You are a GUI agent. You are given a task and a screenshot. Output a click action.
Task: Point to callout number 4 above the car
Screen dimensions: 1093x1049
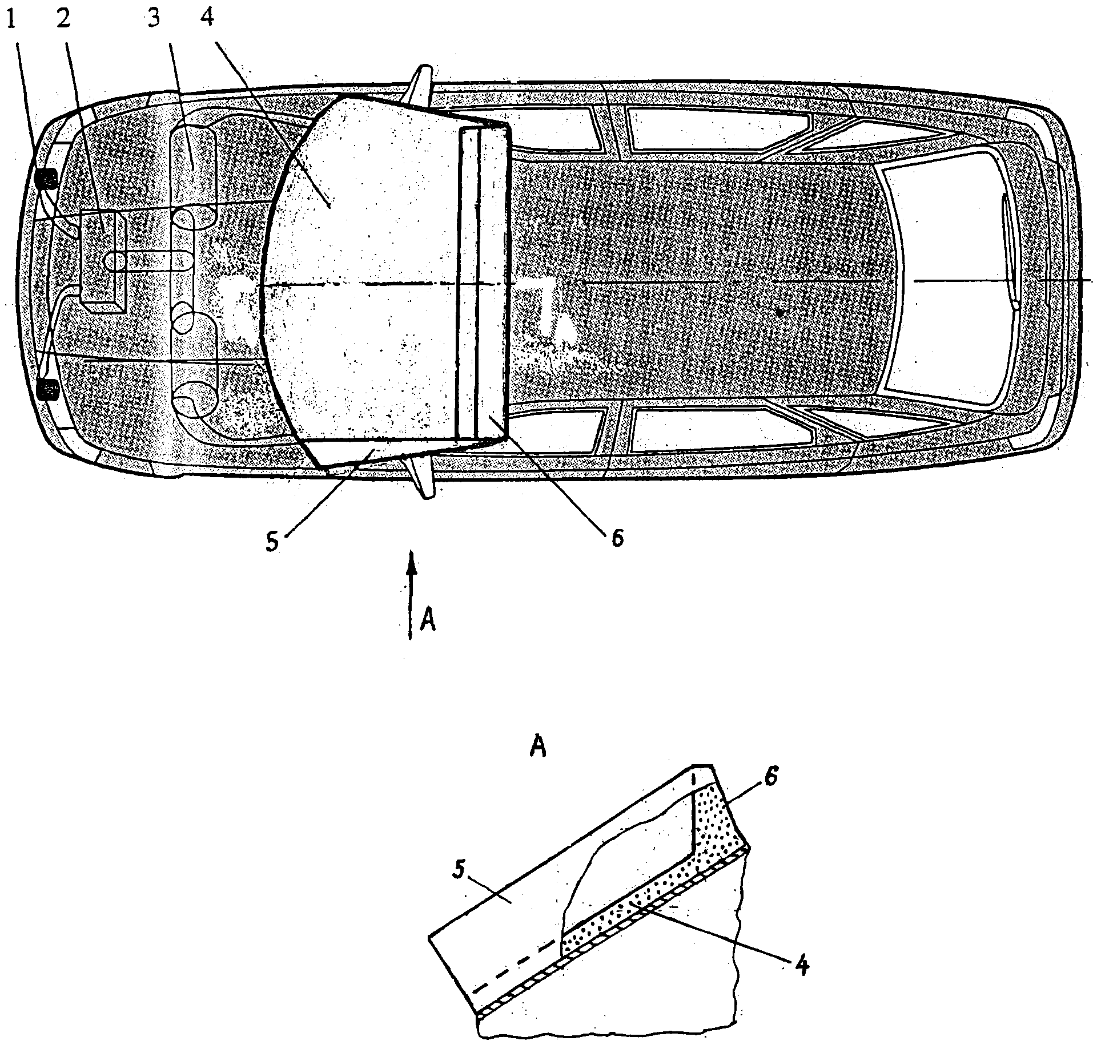[208, 20]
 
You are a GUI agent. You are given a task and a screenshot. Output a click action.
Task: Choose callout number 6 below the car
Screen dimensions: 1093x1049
[617, 537]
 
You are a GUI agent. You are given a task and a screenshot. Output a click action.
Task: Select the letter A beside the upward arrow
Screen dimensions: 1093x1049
[428, 620]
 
